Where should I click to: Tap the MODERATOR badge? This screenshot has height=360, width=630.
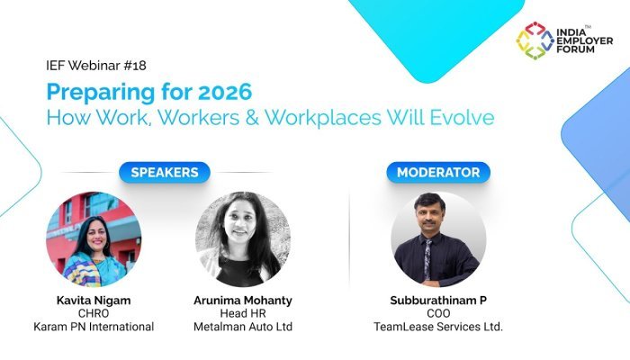[439, 172]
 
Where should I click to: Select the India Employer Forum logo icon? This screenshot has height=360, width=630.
[534, 40]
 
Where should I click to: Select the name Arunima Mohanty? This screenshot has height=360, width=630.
[243, 298]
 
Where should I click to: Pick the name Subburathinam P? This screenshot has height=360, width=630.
[438, 298]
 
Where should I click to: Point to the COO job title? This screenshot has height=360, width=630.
[438, 312]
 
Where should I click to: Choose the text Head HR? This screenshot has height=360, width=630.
[243, 312]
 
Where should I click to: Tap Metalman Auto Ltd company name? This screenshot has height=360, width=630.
[243, 327]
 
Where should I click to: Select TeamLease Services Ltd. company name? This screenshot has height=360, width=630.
[438, 327]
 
